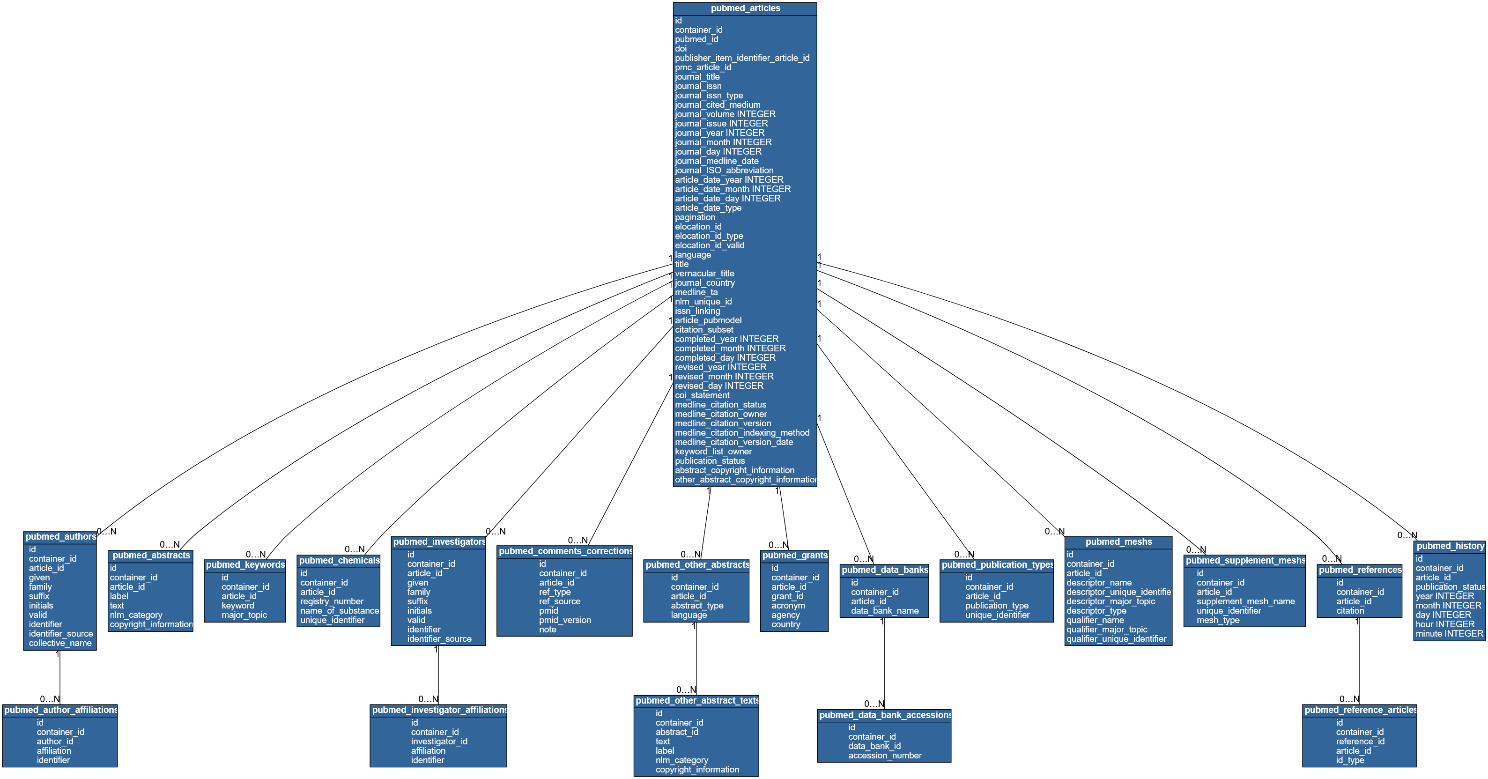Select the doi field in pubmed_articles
click(x=681, y=49)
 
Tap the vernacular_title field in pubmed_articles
click(x=705, y=274)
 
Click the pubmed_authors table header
click(x=60, y=537)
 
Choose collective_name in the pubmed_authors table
click(x=60, y=643)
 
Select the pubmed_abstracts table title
click(x=151, y=556)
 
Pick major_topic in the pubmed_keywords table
click(x=244, y=615)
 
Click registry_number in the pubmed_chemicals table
click(x=332, y=601)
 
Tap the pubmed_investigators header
click(x=439, y=542)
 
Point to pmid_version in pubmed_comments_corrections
click(x=565, y=620)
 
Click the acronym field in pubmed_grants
click(x=788, y=606)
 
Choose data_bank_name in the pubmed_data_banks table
click(x=884, y=611)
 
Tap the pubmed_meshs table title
click(x=1118, y=542)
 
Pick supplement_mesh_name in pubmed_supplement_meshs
click(x=1245, y=601)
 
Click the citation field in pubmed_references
click(x=1350, y=611)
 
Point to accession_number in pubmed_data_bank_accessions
click(x=884, y=755)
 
